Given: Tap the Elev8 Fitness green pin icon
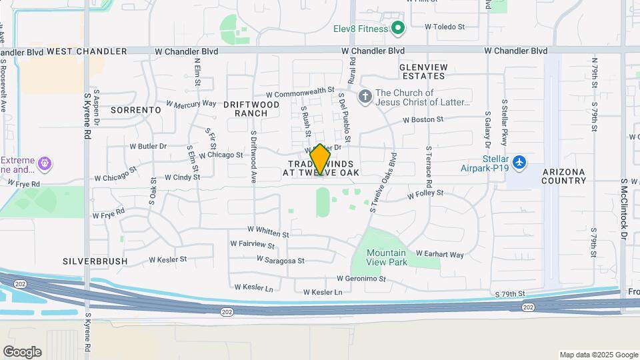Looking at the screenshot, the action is tap(398, 28).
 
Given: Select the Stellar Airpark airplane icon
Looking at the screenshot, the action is tap(520, 161).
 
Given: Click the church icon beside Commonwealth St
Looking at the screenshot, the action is tap(365, 97).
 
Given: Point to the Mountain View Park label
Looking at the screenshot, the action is tap(387, 257).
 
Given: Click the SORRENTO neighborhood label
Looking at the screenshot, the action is tap(135, 109).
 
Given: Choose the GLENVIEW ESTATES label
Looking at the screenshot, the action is tap(422, 72).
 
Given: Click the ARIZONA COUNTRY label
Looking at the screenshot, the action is tap(564, 176).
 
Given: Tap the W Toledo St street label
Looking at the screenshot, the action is tap(444, 27).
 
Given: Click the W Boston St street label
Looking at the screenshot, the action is tap(423, 120).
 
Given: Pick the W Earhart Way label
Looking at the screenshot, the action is tap(439, 254).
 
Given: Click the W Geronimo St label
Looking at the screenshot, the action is tap(361, 279).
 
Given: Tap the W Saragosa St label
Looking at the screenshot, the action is tap(280, 261).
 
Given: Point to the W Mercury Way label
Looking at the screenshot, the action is tap(191, 104).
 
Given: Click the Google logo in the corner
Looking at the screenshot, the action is tap(22, 352).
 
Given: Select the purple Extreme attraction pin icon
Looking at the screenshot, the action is tap(45, 163).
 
